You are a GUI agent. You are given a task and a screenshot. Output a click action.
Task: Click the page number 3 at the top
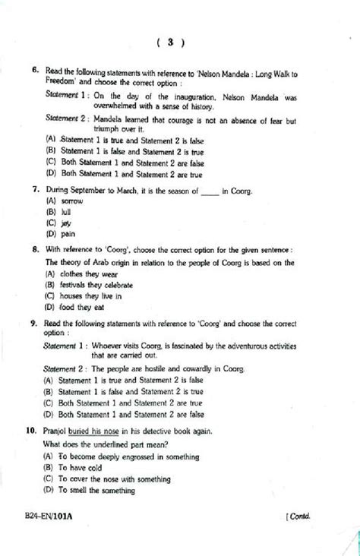click(172, 43)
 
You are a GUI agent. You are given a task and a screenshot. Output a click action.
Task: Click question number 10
click(31, 430)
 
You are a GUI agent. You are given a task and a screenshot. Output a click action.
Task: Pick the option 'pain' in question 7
click(66, 235)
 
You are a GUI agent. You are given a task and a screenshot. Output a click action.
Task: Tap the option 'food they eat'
click(84, 308)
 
